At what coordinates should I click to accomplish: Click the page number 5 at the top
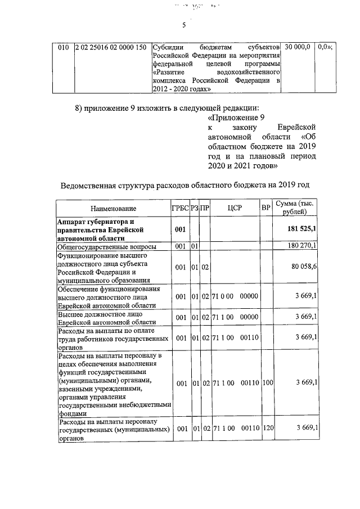click(x=183, y=25)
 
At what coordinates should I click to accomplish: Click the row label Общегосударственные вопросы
click(x=107, y=246)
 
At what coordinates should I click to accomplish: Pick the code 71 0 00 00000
click(x=235, y=296)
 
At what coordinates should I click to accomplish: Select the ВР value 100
click(x=267, y=383)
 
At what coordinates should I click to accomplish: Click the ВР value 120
click(x=267, y=428)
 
